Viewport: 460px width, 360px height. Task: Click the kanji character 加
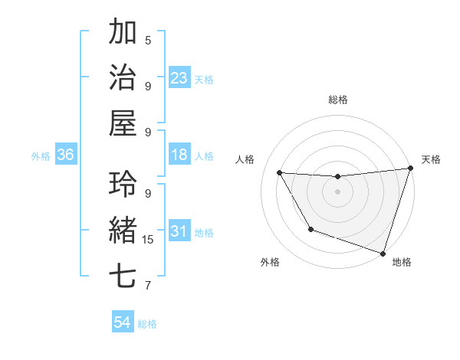[x=123, y=33]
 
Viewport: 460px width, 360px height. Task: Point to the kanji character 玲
[x=123, y=184]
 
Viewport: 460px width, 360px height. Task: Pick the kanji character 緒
[x=123, y=230]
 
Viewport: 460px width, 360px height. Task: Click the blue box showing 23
[x=179, y=77]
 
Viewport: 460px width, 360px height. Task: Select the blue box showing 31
[x=179, y=231]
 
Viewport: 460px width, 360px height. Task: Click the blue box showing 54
[x=123, y=322]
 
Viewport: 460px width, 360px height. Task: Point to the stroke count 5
[x=148, y=40]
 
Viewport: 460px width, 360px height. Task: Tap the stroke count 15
[x=148, y=240]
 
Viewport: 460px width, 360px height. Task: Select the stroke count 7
[x=148, y=286]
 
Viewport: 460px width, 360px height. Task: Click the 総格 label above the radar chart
[x=337, y=100]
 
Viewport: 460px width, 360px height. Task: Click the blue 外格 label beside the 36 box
[x=41, y=156]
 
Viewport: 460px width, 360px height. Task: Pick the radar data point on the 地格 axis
[x=383, y=253]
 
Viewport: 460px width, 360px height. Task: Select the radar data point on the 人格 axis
[x=279, y=173]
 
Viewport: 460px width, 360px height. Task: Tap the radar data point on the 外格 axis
[x=310, y=229]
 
